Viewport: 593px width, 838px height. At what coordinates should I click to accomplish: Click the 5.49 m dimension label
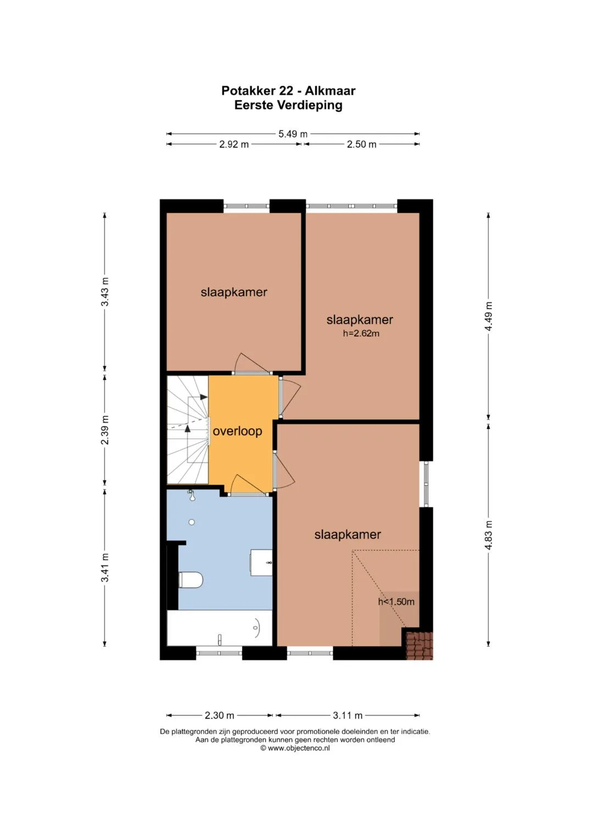click(293, 133)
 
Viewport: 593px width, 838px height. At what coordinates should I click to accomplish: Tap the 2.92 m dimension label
click(234, 144)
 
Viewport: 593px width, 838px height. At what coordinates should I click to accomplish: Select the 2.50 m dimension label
click(362, 144)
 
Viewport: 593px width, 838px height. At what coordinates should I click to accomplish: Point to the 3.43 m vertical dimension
click(105, 292)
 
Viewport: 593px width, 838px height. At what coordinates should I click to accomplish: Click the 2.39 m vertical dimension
click(105, 430)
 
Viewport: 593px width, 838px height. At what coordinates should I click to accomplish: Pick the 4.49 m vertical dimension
click(489, 316)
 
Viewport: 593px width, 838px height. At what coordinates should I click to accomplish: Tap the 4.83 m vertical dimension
click(489, 535)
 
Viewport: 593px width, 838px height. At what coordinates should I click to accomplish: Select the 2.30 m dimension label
click(220, 715)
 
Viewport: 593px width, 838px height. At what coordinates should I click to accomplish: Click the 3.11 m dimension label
click(348, 715)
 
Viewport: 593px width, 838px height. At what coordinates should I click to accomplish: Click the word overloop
click(237, 431)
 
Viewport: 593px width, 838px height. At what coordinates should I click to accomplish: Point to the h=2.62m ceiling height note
click(361, 333)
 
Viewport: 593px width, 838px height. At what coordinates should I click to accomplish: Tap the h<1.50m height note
click(396, 601)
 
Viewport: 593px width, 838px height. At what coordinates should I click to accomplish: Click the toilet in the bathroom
click(191, 580)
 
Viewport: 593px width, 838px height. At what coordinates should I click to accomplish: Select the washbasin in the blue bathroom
click(261, 563)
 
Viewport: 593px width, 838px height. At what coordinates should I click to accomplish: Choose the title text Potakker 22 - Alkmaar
click(288, 91)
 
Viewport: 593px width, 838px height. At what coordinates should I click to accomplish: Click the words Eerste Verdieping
click(288, 105)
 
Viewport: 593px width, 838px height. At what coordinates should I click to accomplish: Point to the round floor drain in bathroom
click(192, 522)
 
